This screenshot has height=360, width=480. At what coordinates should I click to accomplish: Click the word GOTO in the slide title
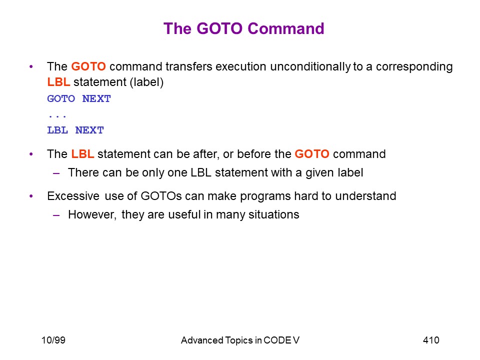click(x=219, y=28)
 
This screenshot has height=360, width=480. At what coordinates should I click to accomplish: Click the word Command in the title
click(x=286, y=28)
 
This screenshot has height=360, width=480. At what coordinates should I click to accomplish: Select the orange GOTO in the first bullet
click(x=88, y=66)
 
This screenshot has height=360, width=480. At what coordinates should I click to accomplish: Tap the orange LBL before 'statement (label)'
click(x=58, y=82)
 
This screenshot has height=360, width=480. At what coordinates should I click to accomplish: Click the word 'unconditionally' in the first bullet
click(x=310, y=66)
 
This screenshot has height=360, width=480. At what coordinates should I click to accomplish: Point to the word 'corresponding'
click(x=414, y=67)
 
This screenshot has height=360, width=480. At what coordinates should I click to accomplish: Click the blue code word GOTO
click(x=61, y=99)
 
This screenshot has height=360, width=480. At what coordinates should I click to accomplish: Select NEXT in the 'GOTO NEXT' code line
click(x=96, y=99)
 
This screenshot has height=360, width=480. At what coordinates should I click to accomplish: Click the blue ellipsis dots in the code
click(x=57, y=116)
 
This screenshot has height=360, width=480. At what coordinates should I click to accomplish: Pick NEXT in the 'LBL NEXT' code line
click(x=89, y=130)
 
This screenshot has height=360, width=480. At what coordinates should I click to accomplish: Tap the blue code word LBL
click(x=57, y=130)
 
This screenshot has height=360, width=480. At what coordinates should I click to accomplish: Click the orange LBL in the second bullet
click(x=82, y=154)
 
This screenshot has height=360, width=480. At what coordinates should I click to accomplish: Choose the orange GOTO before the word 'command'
click(x=312, y=154)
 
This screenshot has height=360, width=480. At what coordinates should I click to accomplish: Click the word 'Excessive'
click(x=73, y=196)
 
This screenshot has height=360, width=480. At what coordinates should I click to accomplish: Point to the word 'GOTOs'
click(x=161, y=196)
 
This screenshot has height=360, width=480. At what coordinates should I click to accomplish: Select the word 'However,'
click(x=92, y=215)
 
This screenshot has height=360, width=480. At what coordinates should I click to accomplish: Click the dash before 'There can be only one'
click(x=56, y=173)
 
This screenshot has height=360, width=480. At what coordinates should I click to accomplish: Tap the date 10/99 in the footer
click(x=53, y=340)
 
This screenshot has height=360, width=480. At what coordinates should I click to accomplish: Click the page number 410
click(x=431, y=340)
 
